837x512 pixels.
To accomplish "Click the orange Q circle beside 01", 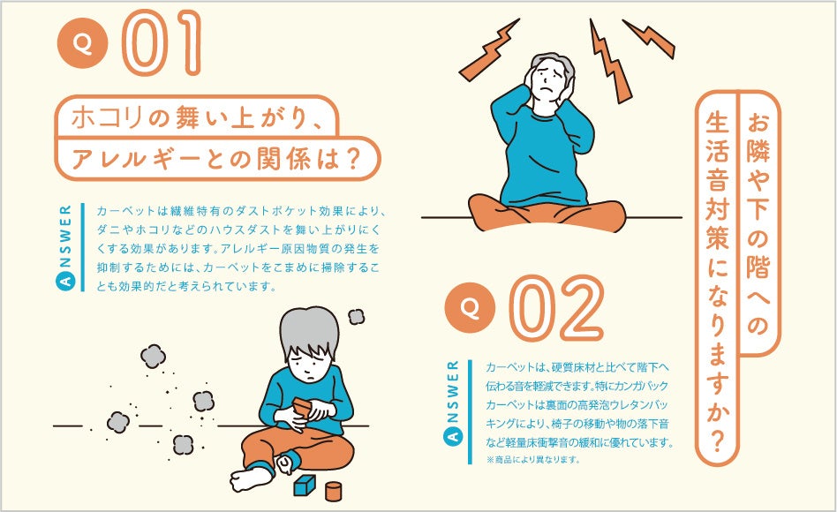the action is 83,42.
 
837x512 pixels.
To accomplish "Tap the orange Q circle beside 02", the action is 471,307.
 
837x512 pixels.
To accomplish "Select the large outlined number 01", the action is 162,42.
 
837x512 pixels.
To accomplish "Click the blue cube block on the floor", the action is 305,486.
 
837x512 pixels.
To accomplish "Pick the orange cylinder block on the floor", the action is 333,491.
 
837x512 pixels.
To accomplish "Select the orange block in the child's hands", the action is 303,408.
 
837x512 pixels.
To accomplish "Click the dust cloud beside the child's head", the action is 356,317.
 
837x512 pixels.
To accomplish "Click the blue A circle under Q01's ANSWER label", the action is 65,282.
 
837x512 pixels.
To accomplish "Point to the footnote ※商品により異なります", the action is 532,459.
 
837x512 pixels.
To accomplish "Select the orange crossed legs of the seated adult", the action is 547,213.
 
